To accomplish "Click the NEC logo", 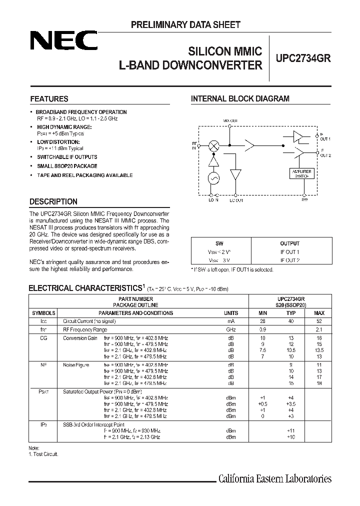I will pos(63,41).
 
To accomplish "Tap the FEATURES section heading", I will pos(49,99).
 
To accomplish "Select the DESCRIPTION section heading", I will pos(53,201).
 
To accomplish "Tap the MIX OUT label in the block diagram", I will pos(230,121).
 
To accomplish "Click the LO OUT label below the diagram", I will pos(236,200).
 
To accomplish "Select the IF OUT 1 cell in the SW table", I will pos(289,251).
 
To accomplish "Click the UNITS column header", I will pos(230,313).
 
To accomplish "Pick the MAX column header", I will pos(319,313).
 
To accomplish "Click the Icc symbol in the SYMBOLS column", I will pos(43,321).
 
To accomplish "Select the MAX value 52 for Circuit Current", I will pos(319,321).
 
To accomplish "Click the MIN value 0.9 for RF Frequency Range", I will pos(263,330).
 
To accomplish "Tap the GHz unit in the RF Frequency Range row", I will pos(230,330).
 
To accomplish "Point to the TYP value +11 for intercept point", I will pos(291,430).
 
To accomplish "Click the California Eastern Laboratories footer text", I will pos(275,479).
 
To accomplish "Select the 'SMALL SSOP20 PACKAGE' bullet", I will pos(67,166).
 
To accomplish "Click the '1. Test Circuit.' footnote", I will pos(43,454).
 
